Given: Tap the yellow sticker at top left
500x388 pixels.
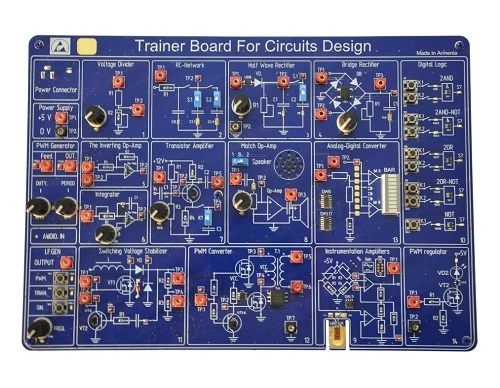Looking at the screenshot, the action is (87, 46).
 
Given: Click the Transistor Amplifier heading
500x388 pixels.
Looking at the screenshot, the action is (185, 145).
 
